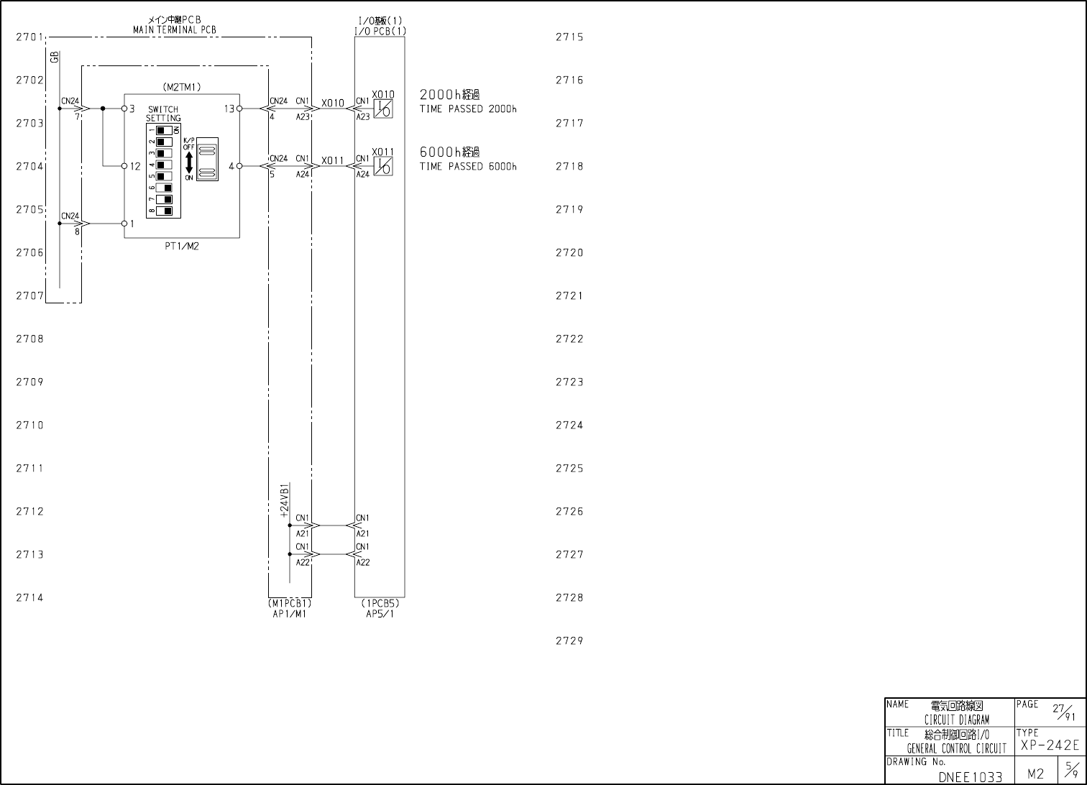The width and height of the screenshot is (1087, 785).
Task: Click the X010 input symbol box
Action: pyautogui.click(x=384, y=109)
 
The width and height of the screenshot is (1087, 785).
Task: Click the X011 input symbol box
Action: pyautogui.click(x=384, y=167)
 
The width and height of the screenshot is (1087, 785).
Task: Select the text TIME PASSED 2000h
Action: pyautogui.click(x=468, y=109)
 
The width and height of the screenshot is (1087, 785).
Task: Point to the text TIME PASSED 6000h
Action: pyautogui.click(x=468, y=167)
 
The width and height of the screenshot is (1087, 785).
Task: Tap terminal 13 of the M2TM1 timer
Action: pyautogui.click(x=239, y=109)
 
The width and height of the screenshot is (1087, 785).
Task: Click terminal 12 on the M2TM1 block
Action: pyautogui.click(x=124, y=166)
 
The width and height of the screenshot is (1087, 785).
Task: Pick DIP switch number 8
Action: pyautogui.click(x=165, y=211)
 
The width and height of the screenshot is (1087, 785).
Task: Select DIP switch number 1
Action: pyautogui.click(x=165, y=130)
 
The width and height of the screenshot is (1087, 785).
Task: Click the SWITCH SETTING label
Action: pyautogui.click(x=163, y=114)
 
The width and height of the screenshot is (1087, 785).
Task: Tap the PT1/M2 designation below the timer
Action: pyautogui.click(x=181, y=246)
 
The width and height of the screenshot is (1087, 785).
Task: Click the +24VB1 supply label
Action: pyautogui.click(x=285, y=500)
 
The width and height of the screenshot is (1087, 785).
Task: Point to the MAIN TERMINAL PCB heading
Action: pyautogui.click(x=175, y=30)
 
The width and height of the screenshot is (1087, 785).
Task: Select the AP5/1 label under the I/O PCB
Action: pyautogui.click(x=380, y=614)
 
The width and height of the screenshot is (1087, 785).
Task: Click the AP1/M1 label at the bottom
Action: pyautogui.click(x=289, y=614)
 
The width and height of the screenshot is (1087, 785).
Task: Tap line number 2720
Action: pyautogui.click(x=569, y=253)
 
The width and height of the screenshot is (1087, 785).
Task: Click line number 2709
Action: pyautogui.click(x=30, y=382)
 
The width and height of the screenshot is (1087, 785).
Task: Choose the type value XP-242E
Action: pyautogui.click(x=1050, y=745)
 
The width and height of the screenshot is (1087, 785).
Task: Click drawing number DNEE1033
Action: pyautogui.click(x=970, y=776)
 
